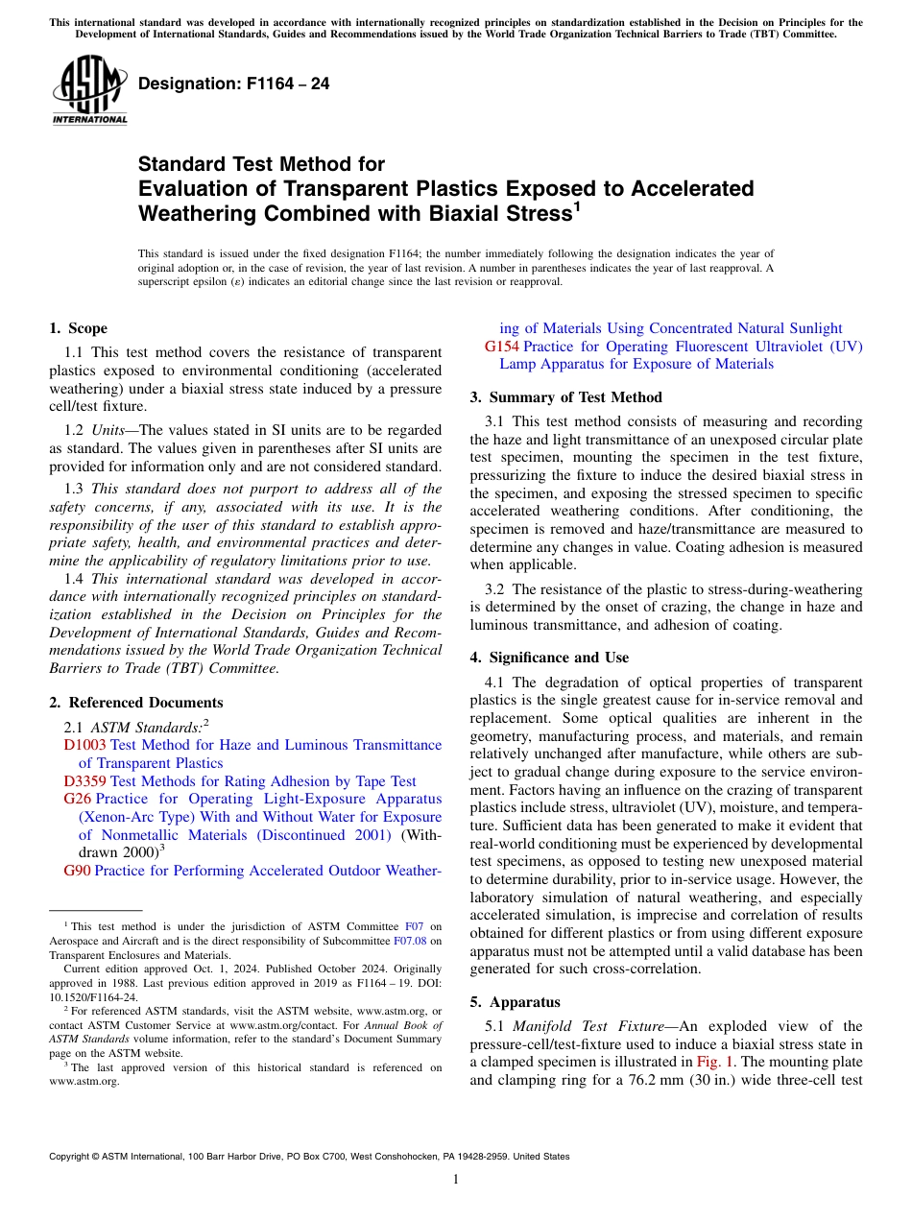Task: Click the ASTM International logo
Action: click(89, 90)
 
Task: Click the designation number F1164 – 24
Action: click(233, 84)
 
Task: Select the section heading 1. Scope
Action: click(79, 328)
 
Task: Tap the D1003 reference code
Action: click(84, 745)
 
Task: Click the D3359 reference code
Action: click(84, 781)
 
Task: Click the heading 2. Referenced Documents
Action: click(136, 703)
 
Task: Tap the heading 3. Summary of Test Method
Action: click(565, 397)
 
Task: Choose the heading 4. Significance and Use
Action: click(549, 658)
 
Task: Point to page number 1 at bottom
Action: click(456, 1180)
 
